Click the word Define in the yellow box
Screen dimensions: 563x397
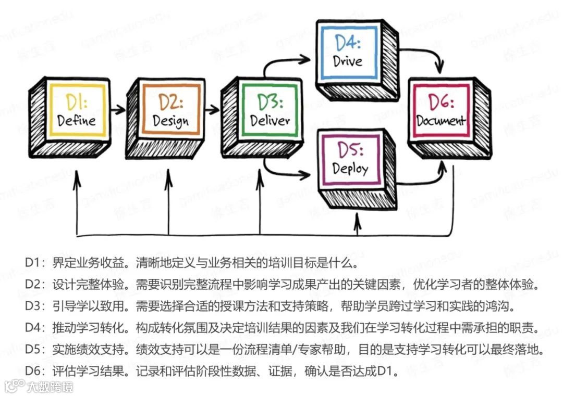click(x=77, y=121)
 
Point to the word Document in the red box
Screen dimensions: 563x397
click(x=441, y=121)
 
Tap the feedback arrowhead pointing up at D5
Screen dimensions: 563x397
click(x=357, y=221)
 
